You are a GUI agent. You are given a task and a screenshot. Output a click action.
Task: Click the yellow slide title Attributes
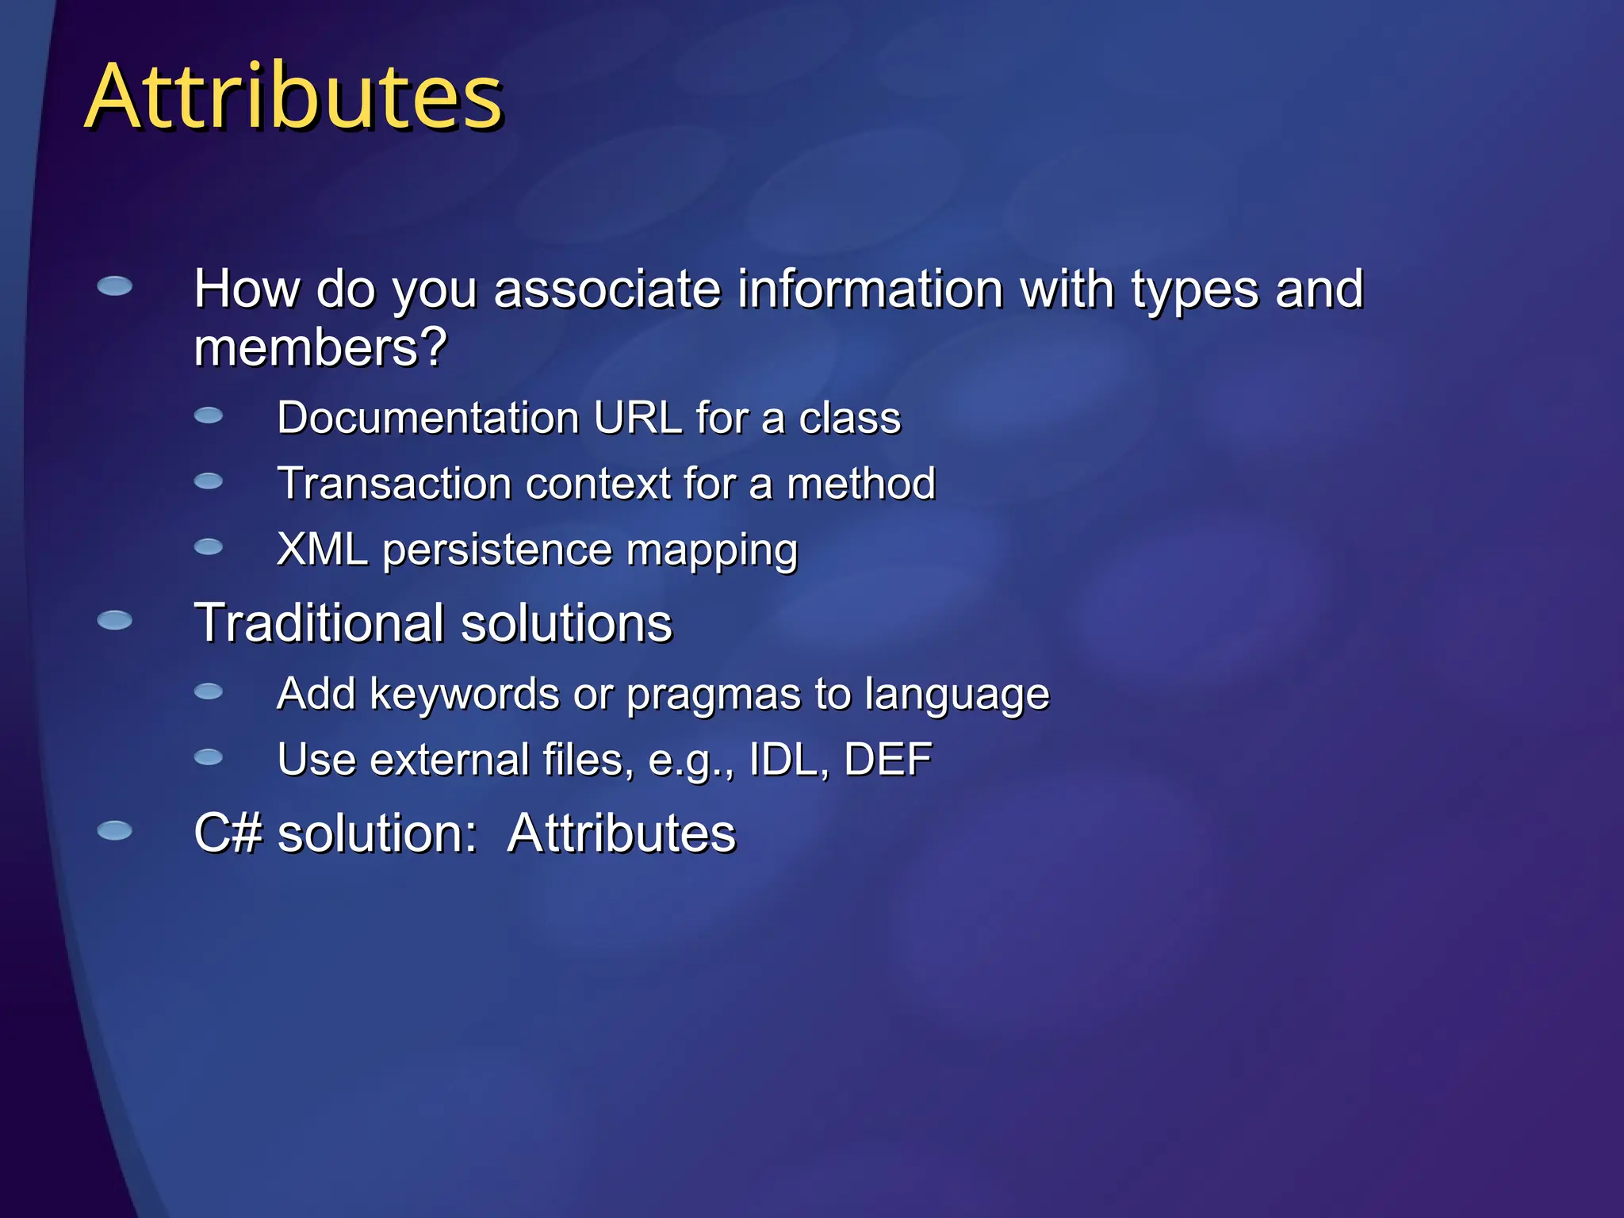pos(293,97)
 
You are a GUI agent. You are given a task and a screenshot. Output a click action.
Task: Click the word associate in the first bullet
pos(607,289)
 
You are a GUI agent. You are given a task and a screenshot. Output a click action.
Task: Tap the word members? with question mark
pos(320,349)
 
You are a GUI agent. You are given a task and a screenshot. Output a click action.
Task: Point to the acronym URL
pos(638,418)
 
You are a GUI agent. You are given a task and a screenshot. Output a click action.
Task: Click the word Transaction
pos(394,484)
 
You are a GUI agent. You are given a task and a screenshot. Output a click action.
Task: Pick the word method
pos(861,484)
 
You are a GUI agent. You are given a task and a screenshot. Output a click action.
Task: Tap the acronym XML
pos(322,550)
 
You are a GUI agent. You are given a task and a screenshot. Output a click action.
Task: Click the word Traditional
pos(320,622)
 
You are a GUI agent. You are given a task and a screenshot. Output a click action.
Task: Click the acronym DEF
pos(887,760)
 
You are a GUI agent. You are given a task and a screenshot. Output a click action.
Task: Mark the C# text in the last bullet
pos(228,833)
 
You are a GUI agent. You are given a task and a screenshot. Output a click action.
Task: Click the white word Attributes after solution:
pos(622,833)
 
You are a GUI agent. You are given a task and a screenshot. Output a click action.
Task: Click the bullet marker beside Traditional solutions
pos(115,620)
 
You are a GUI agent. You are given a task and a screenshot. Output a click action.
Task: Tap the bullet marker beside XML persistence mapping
pos(209,546)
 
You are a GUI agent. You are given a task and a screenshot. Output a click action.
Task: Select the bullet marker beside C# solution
pos(115,830)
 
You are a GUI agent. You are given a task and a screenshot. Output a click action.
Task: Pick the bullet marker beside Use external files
pos(209,757)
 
